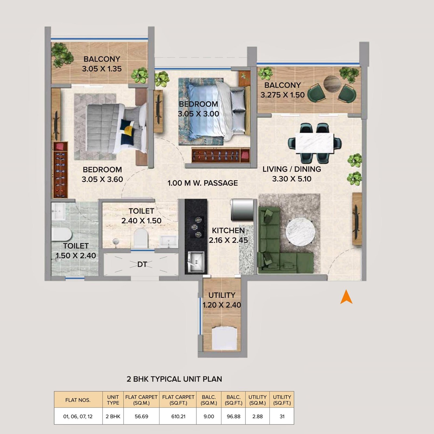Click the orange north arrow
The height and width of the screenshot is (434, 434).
346,297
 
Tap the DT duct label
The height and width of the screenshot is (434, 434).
142,264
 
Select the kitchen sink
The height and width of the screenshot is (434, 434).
196,261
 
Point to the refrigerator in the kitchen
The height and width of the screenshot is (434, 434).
242,210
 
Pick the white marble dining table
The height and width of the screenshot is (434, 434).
316,143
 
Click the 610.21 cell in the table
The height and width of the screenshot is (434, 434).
178,416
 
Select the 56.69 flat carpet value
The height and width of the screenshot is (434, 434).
141,416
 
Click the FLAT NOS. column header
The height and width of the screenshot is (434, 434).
78,400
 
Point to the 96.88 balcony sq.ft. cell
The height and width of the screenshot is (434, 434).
233,416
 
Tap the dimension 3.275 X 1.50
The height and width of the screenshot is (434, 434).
282,95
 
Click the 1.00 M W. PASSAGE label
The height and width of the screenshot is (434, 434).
203,183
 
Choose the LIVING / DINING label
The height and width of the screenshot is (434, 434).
292,169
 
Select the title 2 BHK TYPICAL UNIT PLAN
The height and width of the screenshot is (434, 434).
174,379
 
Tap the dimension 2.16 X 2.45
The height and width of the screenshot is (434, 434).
228,240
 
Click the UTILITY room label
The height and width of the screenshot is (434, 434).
222,295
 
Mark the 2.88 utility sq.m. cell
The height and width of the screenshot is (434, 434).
257,416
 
